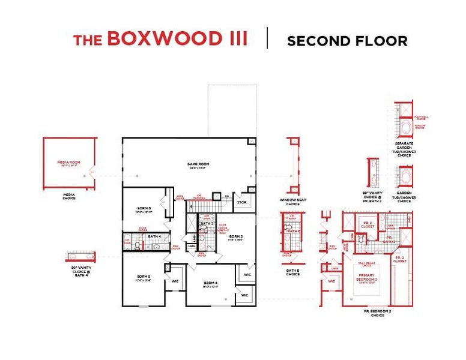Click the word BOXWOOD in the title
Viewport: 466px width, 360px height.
coord(177,40)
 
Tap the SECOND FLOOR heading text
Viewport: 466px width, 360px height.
coord(347,41)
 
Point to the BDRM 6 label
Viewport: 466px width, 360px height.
coord(143,208)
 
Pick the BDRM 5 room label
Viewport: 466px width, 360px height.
coord(143,277)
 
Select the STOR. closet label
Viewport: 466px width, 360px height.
coord(243,202)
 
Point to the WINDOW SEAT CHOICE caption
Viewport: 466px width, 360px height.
coord(293,202)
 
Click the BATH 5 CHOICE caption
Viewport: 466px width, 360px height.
coord(293,273)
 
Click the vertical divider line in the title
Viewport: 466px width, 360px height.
coord(267,38)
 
